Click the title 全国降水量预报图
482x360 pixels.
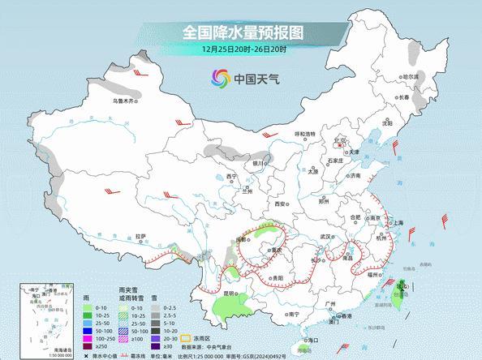coord(241,33)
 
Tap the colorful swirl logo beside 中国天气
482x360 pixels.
coord(221,79)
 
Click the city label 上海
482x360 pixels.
coord(398,222)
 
